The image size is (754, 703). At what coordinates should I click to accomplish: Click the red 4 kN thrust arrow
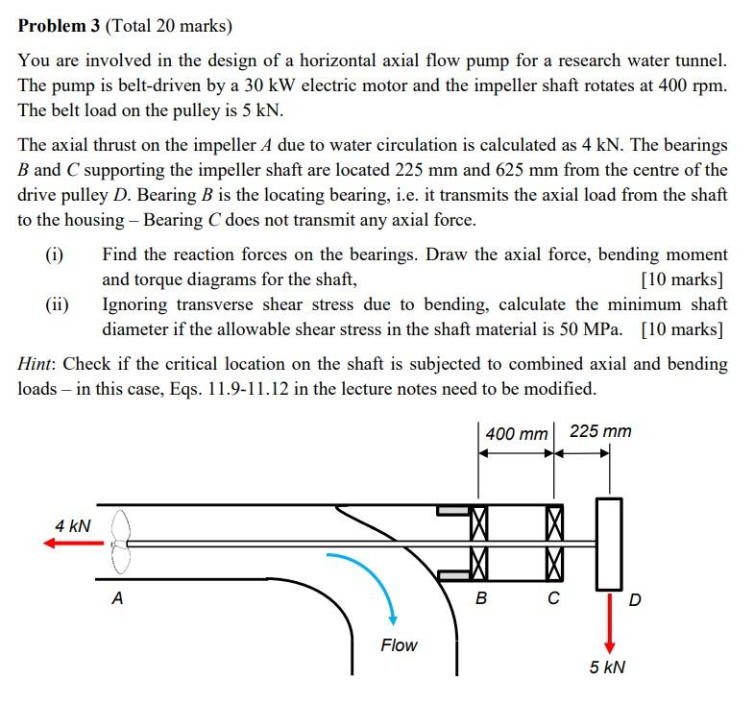point(72,544)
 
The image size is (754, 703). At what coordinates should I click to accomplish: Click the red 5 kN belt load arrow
point(609,623)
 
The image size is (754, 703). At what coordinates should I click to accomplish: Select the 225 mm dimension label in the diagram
point(600,431)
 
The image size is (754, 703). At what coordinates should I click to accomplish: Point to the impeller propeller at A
point(120,543)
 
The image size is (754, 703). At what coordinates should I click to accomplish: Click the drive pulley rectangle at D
point(609,543)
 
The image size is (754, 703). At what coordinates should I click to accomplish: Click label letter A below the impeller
point(117,598)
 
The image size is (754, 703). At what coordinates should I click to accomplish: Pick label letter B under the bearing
point(481,599)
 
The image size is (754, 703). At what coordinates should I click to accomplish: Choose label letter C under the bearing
point(553,599)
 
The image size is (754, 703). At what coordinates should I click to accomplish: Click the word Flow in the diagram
point(399,645)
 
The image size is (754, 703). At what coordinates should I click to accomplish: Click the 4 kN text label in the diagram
point(73,525)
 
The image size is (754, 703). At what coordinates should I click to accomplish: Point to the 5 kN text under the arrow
point(607,667)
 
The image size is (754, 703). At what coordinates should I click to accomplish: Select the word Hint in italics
point(37,365)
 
